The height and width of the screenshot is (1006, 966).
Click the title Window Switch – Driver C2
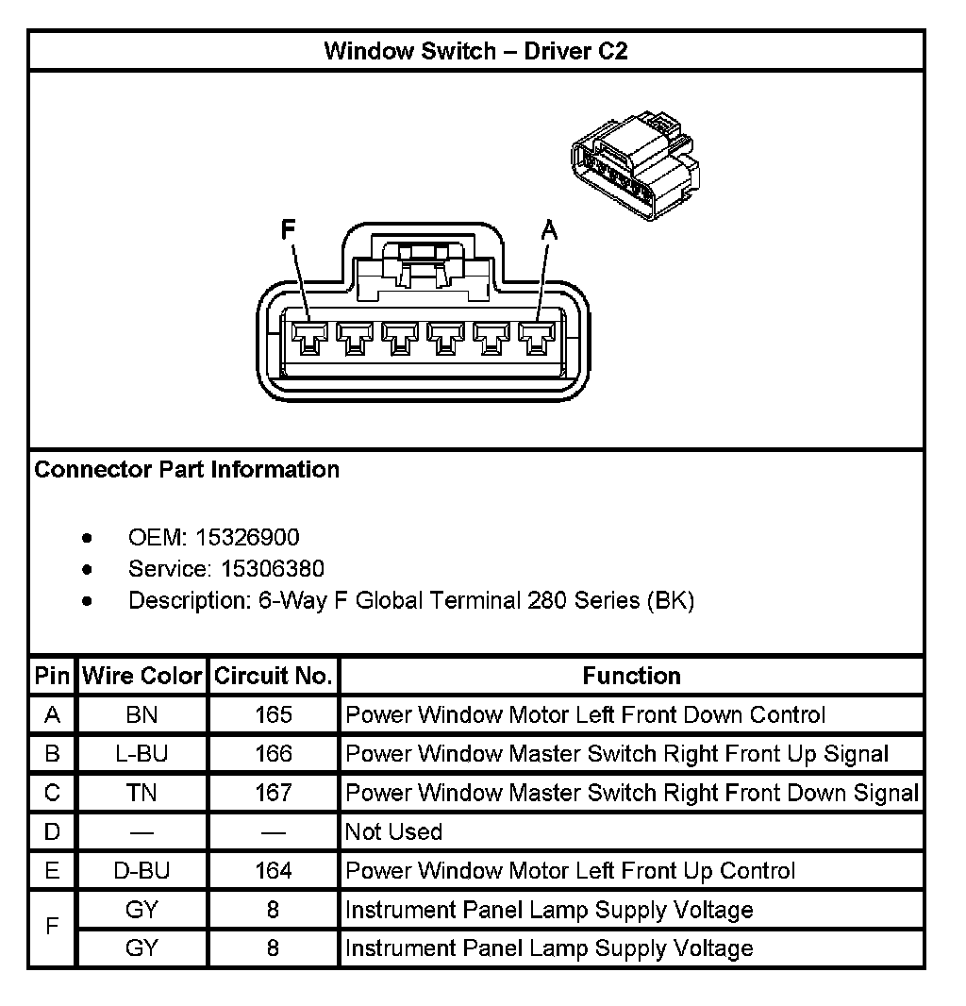click(x=475, y=51)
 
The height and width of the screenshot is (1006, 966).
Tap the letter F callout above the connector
click(x=289, y=229)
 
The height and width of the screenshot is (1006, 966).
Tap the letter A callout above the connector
click(x=548, y=229)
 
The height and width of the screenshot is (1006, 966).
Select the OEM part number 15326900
click(x=247, y=538)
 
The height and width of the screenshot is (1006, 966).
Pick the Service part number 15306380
click(x=273, y=569)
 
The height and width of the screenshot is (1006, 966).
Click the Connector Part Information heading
click(x=187, y=470)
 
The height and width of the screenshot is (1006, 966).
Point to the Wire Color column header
click(x=142, y=676)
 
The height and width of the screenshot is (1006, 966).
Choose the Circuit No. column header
click(x=273, y=676)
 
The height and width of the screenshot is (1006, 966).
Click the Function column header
click(x=631, y=676)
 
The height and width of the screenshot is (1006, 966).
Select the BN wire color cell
click(x=142, y=715)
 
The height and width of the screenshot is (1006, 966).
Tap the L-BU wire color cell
click(x=142, y=754)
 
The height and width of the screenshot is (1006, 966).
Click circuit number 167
click(x=273, y=793)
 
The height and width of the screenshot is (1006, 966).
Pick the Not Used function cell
click(x=393, y=831)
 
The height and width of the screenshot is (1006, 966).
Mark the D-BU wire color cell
click(x=142, y=871)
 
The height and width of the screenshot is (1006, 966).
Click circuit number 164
click(x=273, y=871)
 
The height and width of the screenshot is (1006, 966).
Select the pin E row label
click(x=52, y=871)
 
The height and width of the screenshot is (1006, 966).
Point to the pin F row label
click(x=52, y=929)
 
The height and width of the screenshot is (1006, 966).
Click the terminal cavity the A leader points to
click(x=537, y=338)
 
